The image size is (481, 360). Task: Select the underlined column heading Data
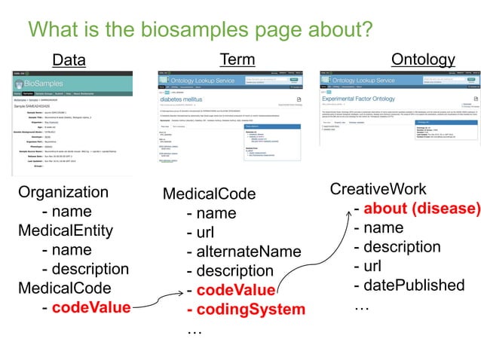[69, 60]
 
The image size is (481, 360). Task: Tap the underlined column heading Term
[237, 59]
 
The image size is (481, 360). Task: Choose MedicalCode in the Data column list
[64, 288]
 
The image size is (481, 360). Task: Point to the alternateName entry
[248, 252]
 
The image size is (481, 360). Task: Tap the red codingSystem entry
[250, 310]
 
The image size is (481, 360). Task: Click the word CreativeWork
[378, 188]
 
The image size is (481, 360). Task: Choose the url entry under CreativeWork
[369, 266]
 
